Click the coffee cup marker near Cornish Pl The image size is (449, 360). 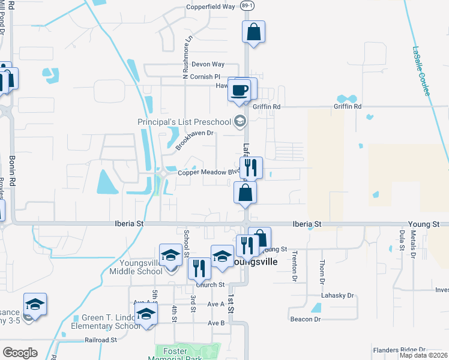coord(240,91)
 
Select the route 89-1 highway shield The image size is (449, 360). coord(246,5)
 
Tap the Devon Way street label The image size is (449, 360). coord(208,64)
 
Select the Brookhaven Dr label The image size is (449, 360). coord(194,139)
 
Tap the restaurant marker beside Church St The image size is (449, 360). coord(199,268)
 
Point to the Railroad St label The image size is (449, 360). coord(100,340)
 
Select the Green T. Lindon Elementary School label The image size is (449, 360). coord(106,322)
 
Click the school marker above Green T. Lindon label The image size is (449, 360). coord(145,315)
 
